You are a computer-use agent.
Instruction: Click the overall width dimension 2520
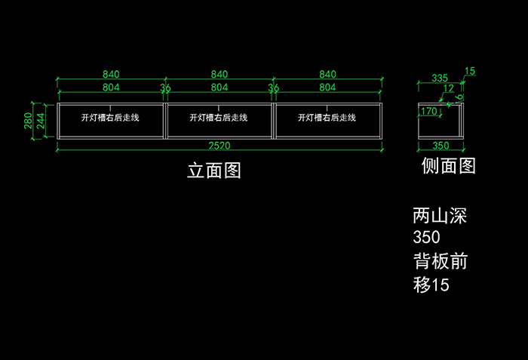(x=219, y=145)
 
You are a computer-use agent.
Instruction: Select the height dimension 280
(x=28, y=120)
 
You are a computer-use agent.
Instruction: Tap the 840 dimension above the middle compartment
(x=219, y=74)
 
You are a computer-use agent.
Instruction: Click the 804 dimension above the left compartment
(x=111, y=88)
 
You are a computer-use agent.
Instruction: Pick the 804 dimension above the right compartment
(x=327, y=88)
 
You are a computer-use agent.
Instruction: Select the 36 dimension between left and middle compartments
(x=165, y=88)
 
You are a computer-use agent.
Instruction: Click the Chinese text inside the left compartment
(x=111, y=118)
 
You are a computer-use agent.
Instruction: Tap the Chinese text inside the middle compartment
(x=219, y=118)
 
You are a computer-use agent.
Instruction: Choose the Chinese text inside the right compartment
(x=327, y=118)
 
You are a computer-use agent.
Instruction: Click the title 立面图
(x=214, y=171)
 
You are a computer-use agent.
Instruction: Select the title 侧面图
(x=448, y=166)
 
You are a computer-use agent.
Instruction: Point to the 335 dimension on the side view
(x=440, y=78)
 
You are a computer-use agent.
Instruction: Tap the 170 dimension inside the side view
(x=429, y=112)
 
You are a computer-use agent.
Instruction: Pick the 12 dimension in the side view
(x=449, y=89)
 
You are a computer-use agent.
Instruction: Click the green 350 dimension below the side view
(x=441, y=145)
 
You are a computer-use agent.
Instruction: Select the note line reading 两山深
(x=441, y=216)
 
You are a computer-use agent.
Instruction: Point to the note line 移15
(x=431, y=285)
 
